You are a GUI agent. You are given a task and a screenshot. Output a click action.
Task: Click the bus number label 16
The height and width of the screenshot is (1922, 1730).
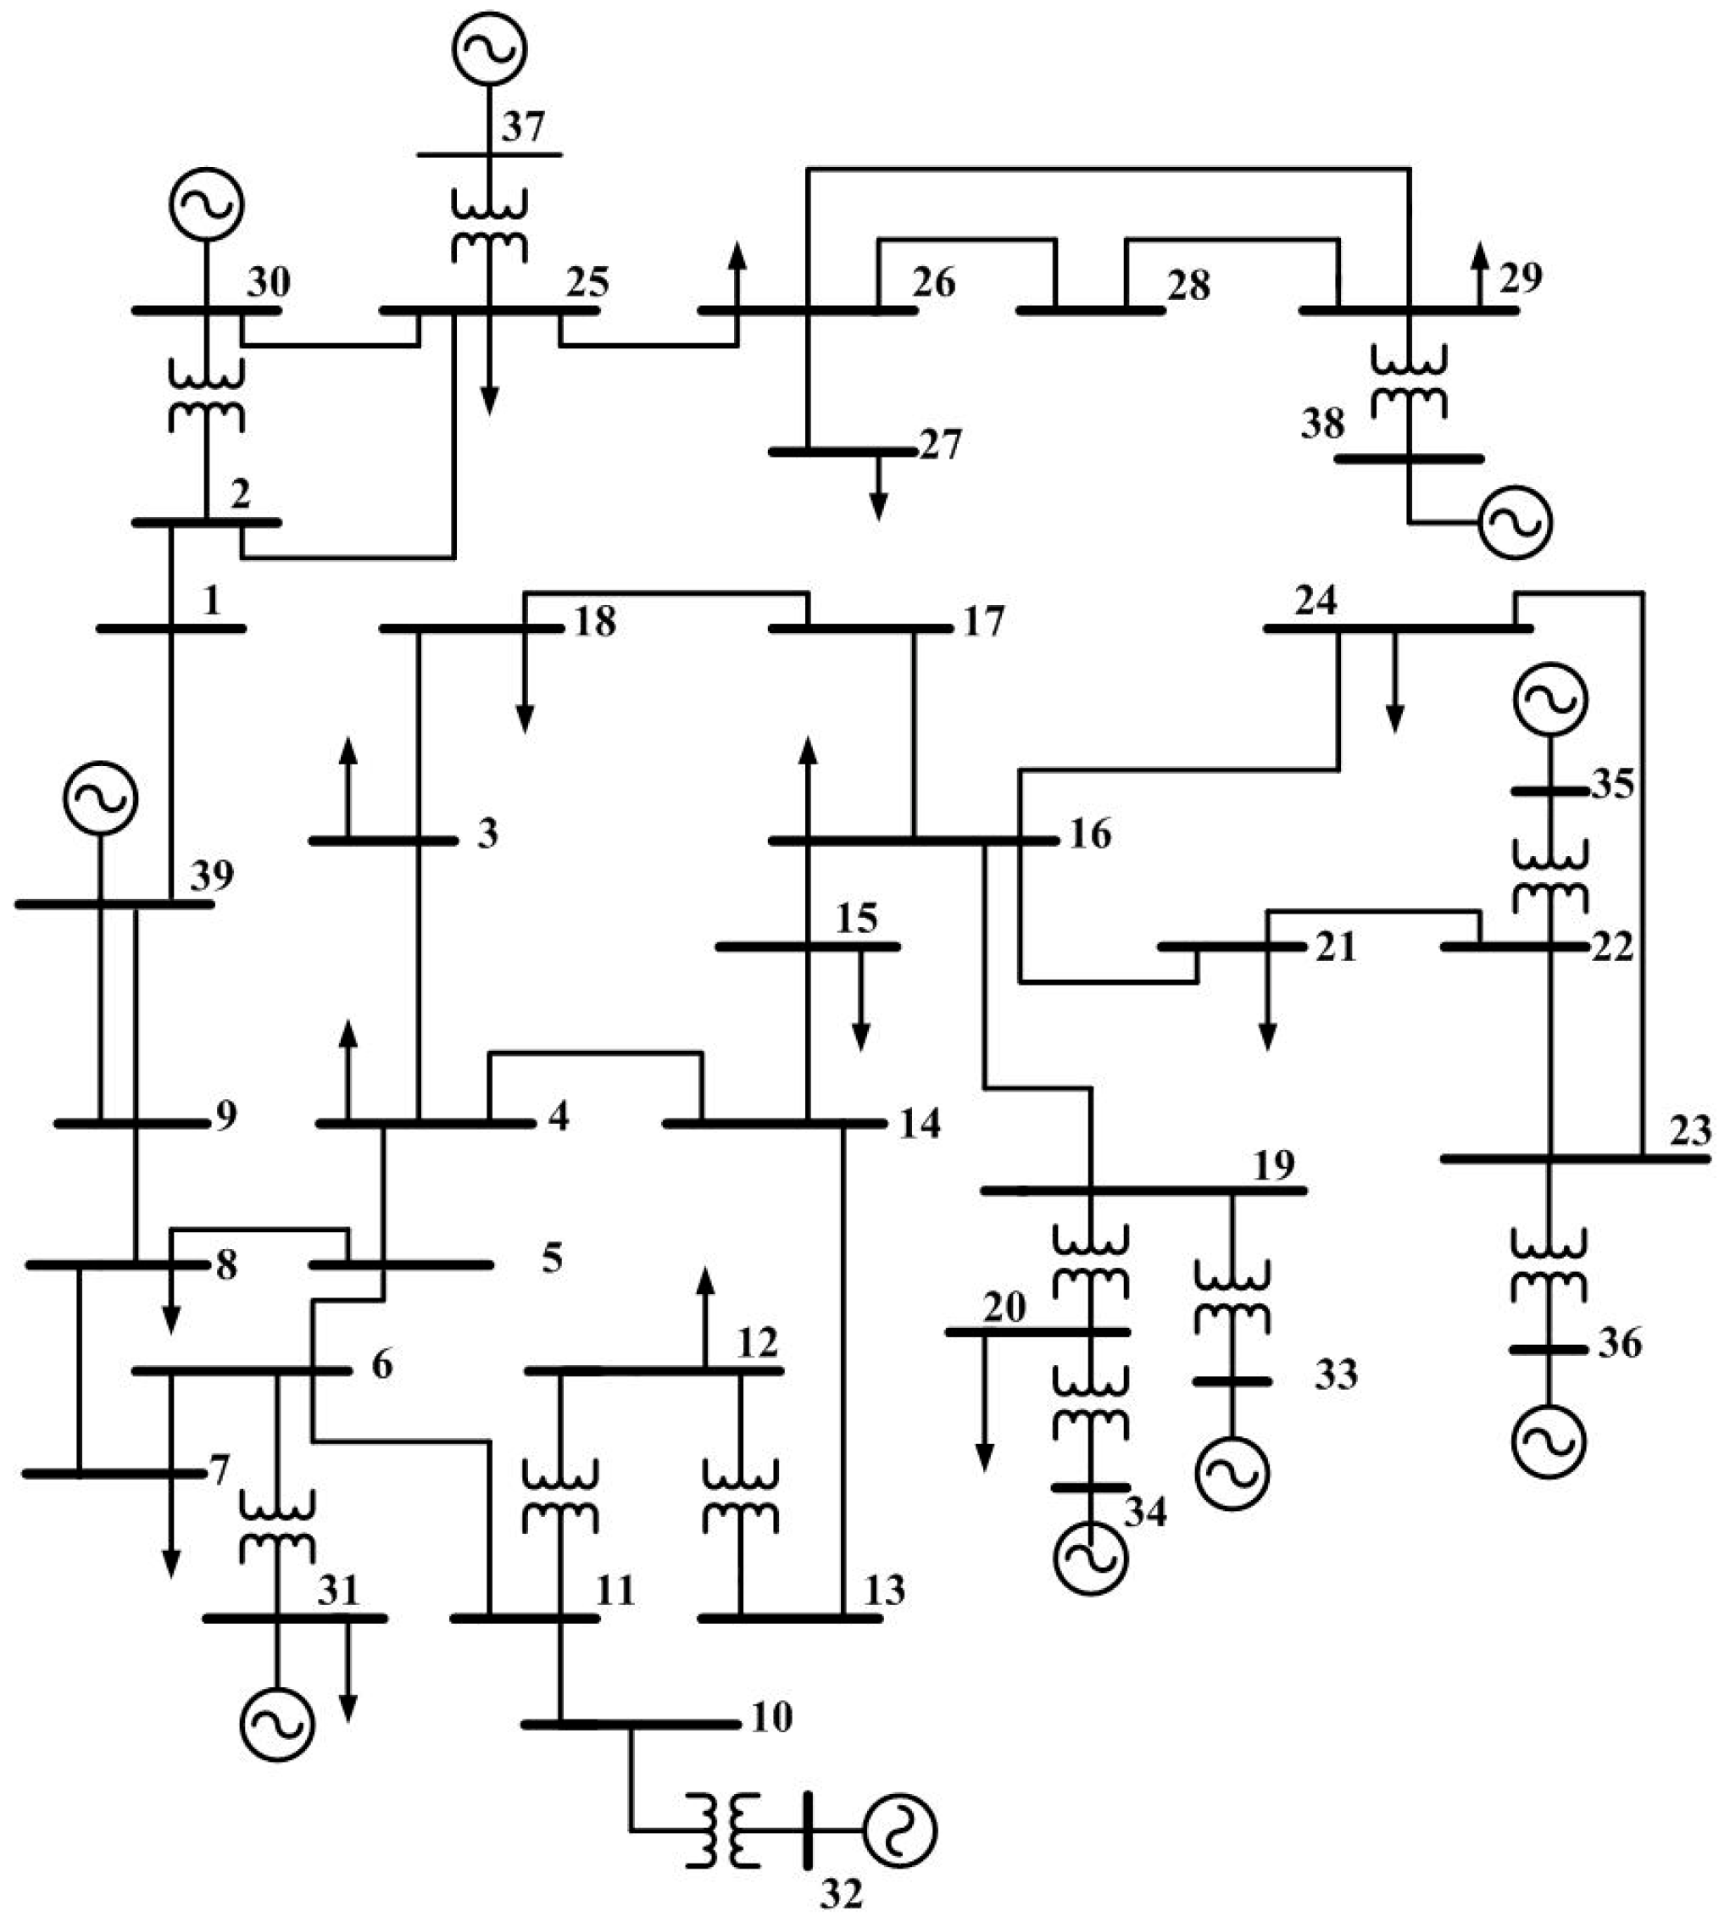click(x=1090, y=834)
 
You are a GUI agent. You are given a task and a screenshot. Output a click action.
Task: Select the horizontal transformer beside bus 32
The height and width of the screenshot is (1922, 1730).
click(x=723, y=1830)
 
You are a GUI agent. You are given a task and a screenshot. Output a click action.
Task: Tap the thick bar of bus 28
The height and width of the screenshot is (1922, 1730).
click(x=1090, y=310)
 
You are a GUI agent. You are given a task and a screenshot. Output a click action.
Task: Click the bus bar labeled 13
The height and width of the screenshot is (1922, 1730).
click(x=790, y=1618)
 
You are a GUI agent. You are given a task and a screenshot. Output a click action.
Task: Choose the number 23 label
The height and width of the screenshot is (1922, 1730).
click(x=1690, y=1130)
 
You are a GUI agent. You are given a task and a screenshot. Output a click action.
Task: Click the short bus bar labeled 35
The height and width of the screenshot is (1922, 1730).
click(x=1549, y=791)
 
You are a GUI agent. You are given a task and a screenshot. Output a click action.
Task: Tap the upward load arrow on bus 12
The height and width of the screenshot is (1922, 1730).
click(x=704, y=1317)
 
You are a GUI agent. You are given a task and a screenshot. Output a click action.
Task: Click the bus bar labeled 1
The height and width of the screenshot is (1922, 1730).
click(x=171, y=628)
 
